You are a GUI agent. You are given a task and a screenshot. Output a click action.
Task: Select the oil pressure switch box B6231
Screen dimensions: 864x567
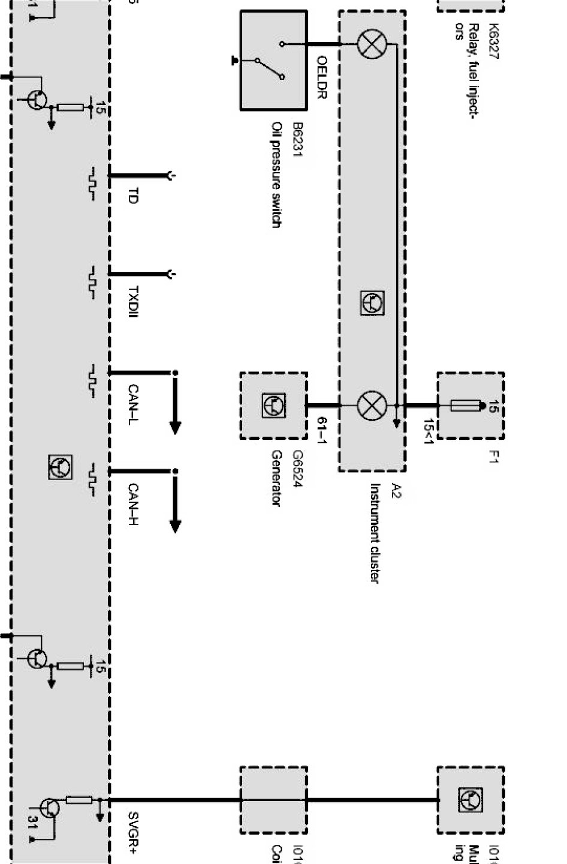click(273, 60)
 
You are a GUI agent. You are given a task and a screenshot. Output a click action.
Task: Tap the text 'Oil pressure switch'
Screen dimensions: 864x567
click(276, 175)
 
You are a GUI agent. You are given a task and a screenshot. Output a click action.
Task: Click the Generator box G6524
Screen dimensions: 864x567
click(273, 405)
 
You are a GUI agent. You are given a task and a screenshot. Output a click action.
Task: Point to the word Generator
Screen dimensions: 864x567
click(276, 478)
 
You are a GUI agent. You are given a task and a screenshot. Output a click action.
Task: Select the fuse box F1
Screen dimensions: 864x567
click(470, 406)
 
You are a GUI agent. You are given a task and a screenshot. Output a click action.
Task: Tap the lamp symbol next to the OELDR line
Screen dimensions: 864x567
click(372, 44)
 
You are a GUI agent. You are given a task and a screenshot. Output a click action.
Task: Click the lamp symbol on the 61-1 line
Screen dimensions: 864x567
click(372, 405)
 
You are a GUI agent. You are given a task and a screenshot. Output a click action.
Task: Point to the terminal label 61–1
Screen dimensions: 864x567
click(322, 430)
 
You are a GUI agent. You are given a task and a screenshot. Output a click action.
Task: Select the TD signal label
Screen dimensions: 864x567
click(133, 196)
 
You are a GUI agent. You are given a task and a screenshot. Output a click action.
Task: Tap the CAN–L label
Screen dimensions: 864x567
click(133, 405)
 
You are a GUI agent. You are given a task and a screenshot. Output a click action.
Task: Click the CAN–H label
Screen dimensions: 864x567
click(133, 504)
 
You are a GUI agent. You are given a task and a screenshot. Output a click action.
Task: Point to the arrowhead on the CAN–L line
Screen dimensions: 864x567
click(175, 427)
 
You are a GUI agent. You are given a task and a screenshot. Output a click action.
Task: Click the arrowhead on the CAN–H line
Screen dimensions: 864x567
click(175, 526)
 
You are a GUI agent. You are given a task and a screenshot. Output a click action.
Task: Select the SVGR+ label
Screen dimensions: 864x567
click(133, 833)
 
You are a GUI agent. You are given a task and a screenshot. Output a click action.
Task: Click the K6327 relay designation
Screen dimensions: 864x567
click(493, 41)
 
